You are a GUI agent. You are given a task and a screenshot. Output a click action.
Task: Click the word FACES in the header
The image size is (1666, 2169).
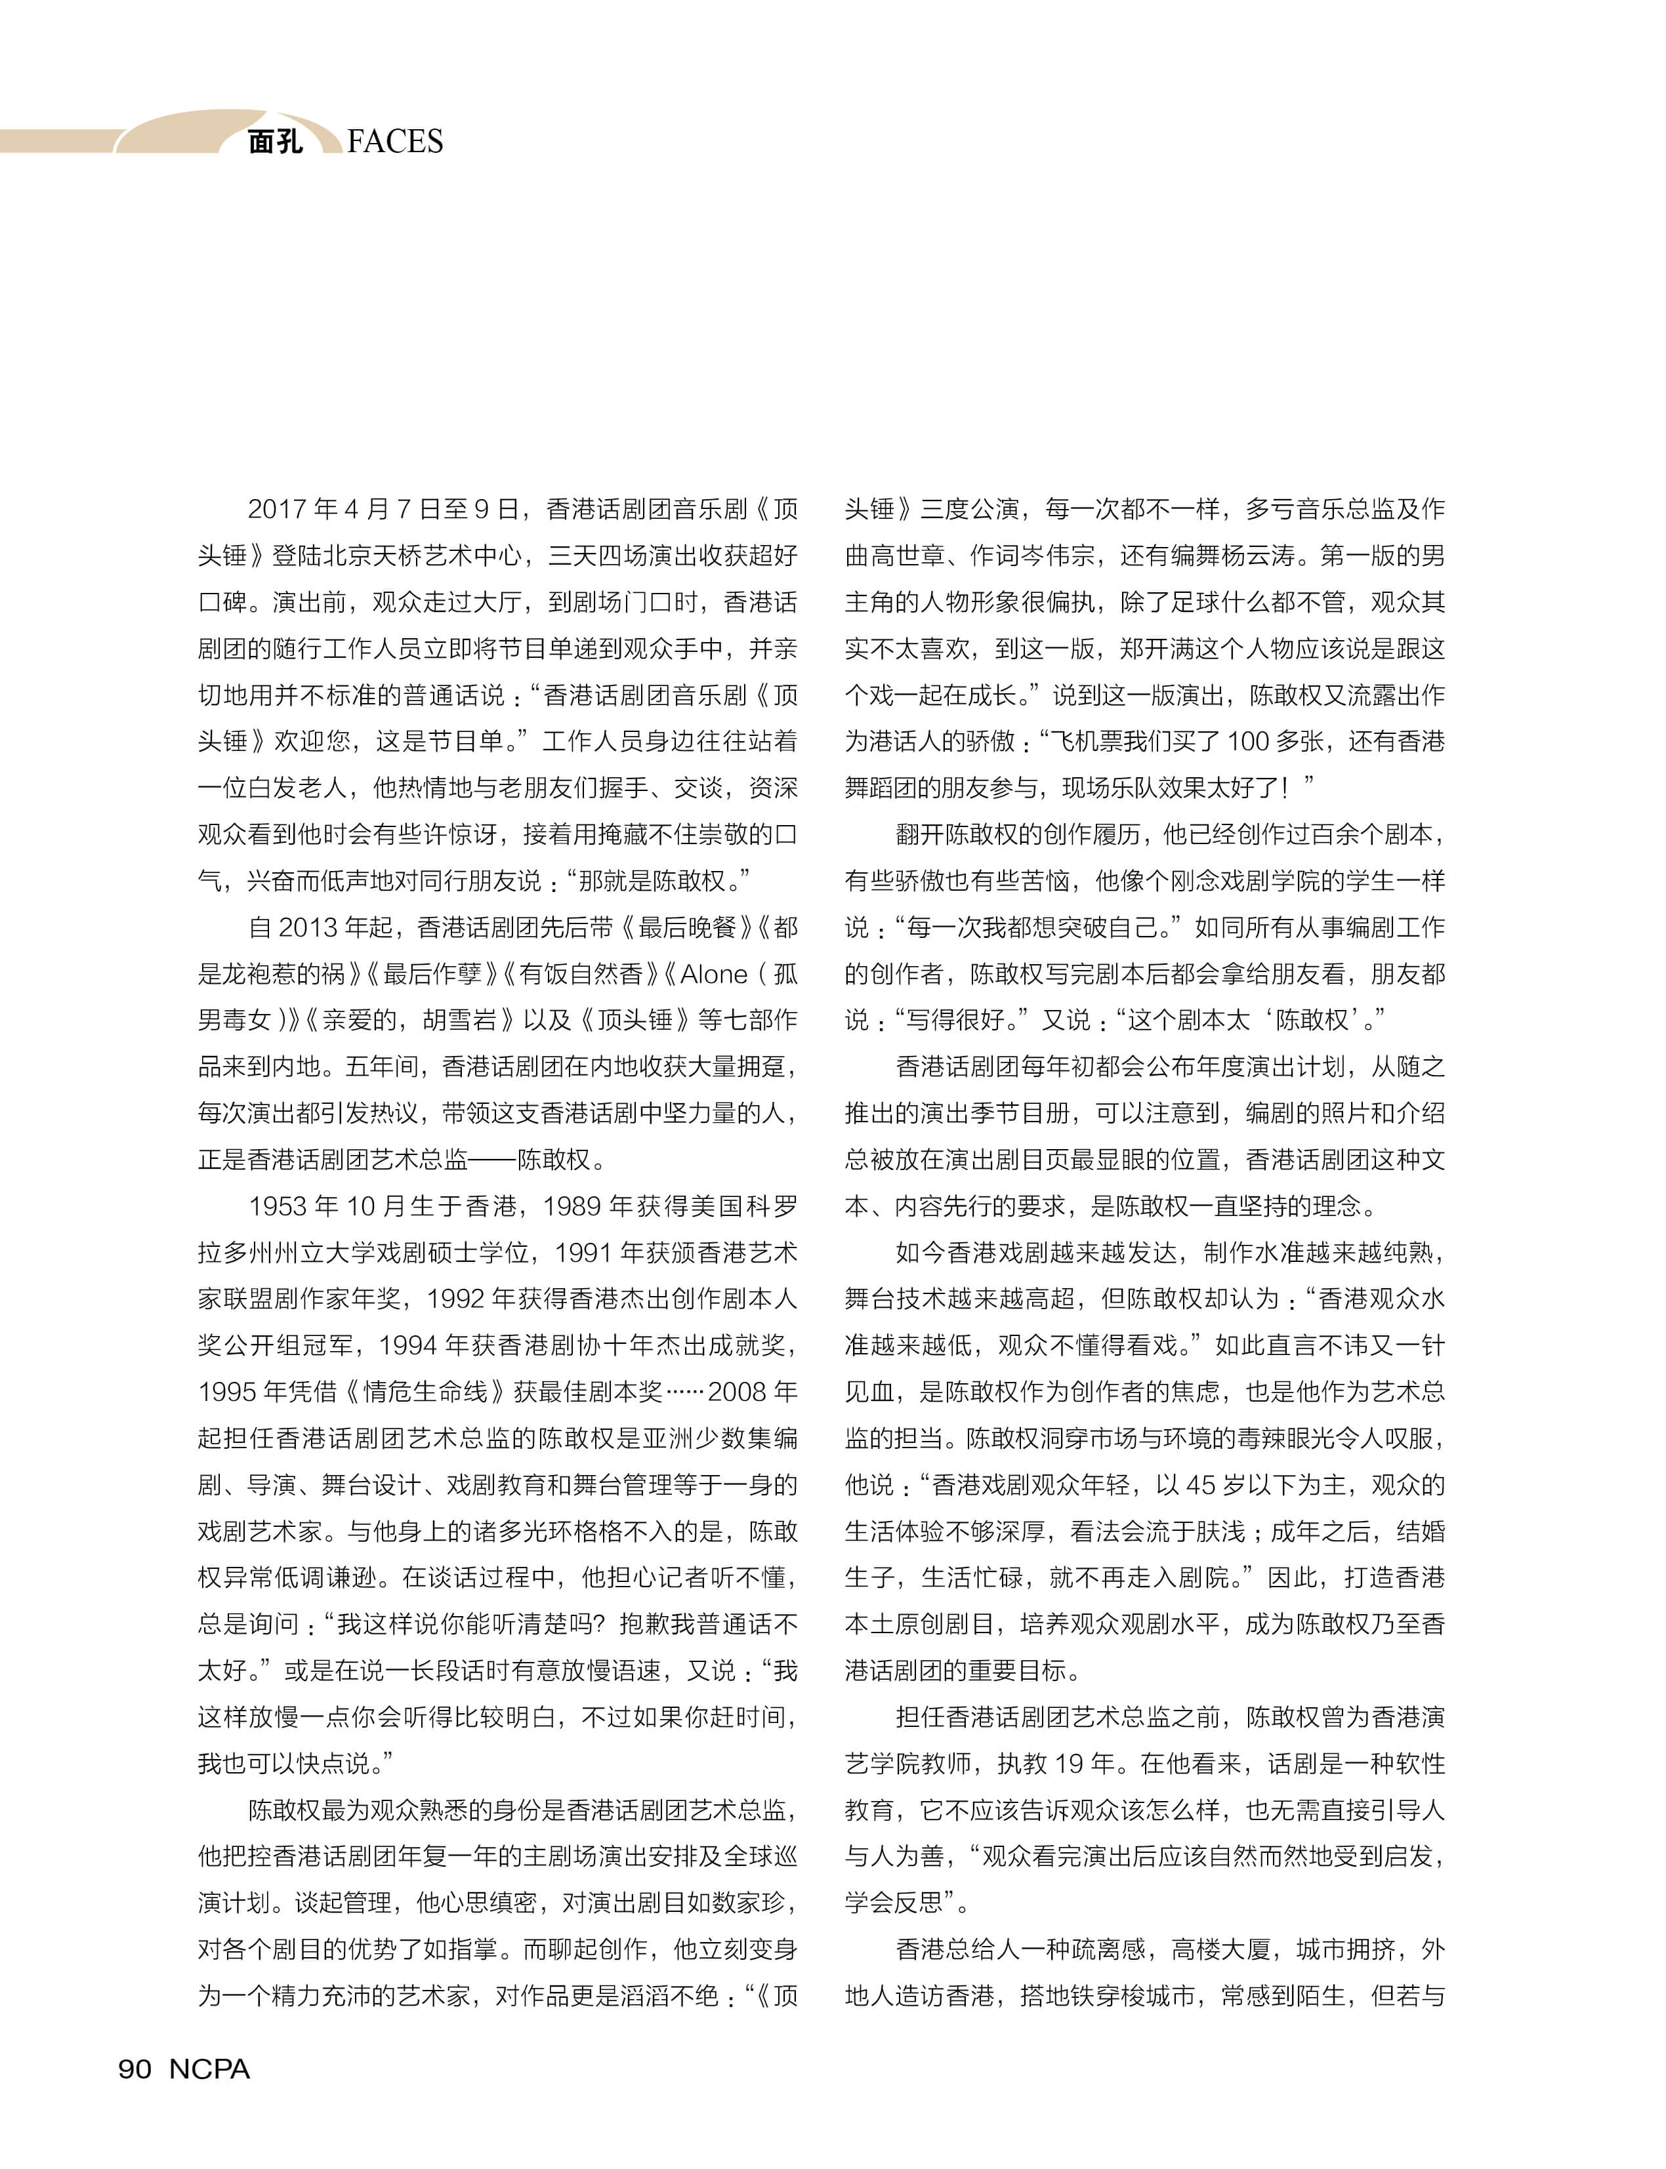pos(395,142)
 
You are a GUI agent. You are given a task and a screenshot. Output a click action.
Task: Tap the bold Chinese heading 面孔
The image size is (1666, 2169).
pos(275,142)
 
